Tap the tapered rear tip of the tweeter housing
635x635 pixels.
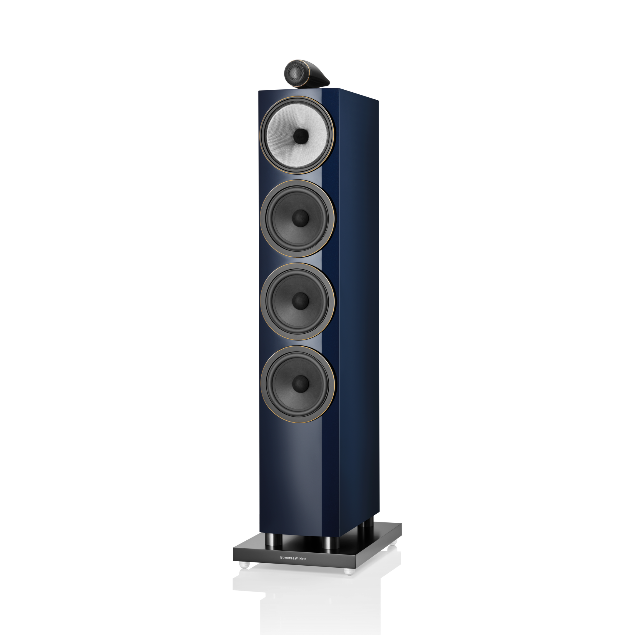(x=328, y=82)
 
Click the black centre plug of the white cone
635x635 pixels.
(x=301, y=136)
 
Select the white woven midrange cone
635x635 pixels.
(x=297, y=135)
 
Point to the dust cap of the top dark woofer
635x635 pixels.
(x=300, y=218)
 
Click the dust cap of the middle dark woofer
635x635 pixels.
(x=300, y=301)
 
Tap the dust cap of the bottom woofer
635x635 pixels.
(x=300, y=384)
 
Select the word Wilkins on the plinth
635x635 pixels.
(x=300, y=559)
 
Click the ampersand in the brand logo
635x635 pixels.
(x=293, y=558)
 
